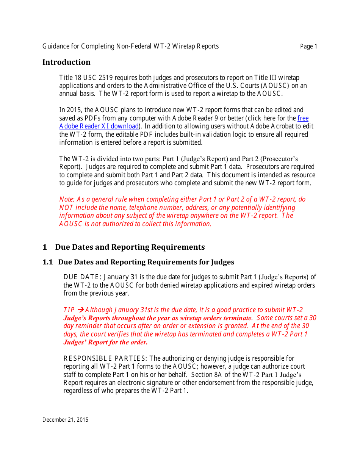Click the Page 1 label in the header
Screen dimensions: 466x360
pyautogui.click(x=308, y=47)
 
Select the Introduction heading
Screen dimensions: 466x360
pyautogui.click(x=66, y=62)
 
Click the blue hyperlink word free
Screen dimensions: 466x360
pyautogui.click(x=303, y=118)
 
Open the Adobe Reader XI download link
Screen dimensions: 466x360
pyautogui.click(x=99, y=126)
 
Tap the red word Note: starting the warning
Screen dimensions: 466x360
pyautogui.click(x=67, y=199)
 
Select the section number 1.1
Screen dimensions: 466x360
pyautogui.click(x=47, y=262)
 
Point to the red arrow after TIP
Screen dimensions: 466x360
pyautogui.click(x=80, y=310)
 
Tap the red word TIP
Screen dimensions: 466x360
pyautogui.click(x=69, y=310)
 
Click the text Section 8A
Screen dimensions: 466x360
pyautogui.click(x=207, y=375)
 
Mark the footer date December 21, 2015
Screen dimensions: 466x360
pyautogui.click(x=65, y=420)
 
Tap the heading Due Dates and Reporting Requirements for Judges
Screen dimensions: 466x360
pyautogui.click(x=146, y=262)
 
